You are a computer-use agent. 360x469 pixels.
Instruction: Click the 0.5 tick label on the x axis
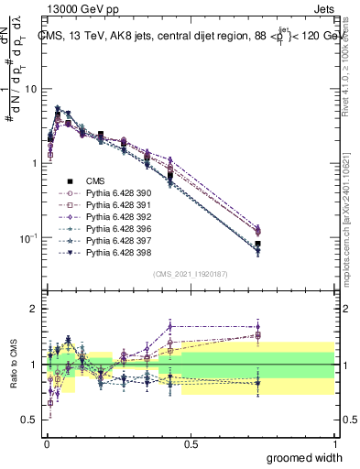(191, 443)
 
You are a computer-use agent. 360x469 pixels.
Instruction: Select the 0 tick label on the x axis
(47, 443)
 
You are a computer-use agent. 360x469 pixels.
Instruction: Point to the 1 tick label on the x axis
(334, 443)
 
